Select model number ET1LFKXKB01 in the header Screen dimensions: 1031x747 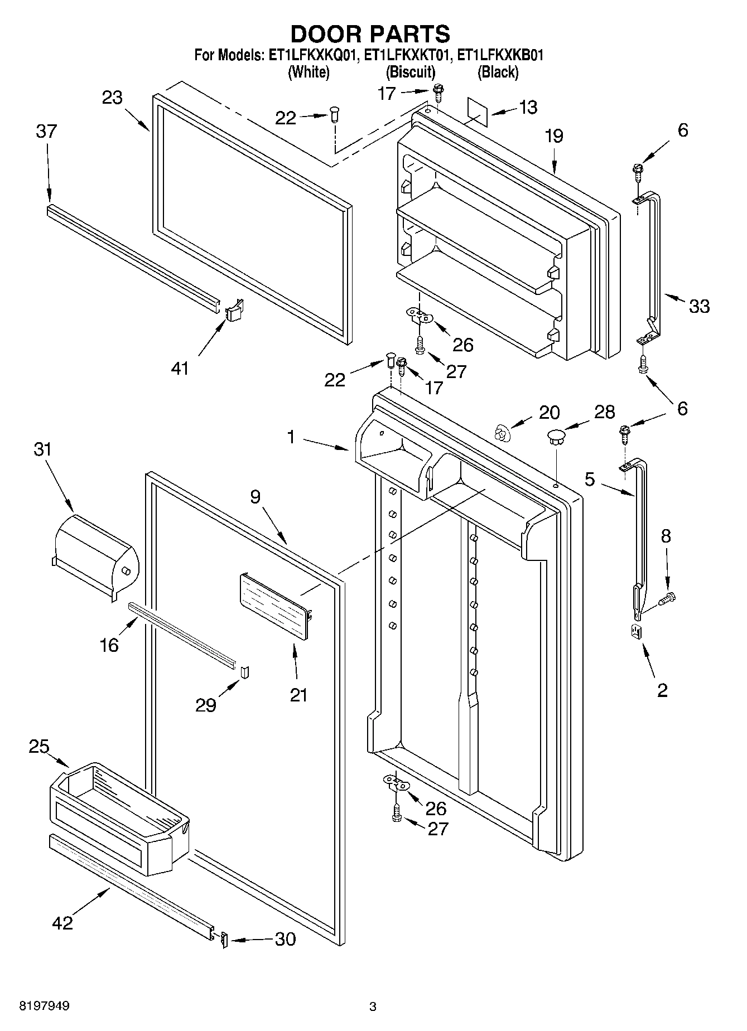(500, 55)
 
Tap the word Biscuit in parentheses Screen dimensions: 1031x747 (411, 72)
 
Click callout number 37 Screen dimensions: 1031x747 (46, 132)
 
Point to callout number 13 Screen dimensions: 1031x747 (527, 107)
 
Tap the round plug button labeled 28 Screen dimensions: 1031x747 (556, 435)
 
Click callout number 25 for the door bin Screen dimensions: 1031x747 (39, 746)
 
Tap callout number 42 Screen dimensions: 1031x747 (62, 923)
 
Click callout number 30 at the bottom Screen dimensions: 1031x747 (285, 940)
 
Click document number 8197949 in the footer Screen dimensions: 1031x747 (45, 1006)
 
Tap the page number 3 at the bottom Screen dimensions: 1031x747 (373, 1007)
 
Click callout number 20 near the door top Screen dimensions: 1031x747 (550, 412)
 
